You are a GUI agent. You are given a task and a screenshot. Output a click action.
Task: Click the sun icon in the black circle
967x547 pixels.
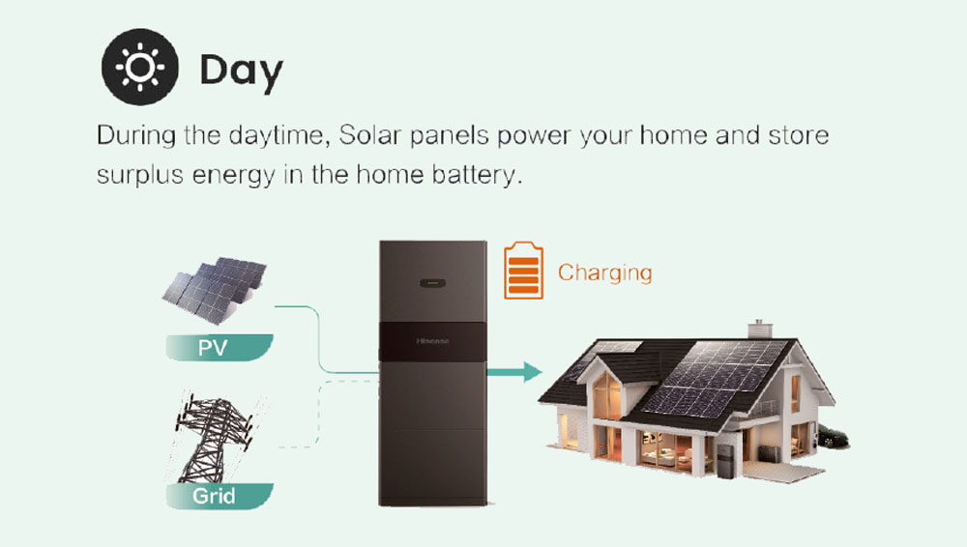[x=140, y=67]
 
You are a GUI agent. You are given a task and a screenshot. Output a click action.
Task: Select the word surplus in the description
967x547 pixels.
[x=140, y=176]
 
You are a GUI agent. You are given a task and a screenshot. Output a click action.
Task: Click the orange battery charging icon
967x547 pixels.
[x=523, y=270]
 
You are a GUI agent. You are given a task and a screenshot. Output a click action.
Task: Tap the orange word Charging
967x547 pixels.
[x=605, y=273]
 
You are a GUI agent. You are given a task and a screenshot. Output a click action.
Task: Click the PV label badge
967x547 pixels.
[x=219, y=347]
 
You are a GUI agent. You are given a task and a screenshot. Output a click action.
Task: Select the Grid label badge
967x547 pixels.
[x=219, y=496]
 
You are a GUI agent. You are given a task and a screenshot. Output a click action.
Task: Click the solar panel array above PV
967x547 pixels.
[x=215, y=290]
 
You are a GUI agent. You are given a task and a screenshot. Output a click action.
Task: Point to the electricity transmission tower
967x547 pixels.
[x=214, y=437]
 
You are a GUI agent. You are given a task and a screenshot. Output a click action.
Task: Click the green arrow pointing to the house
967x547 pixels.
[x=514, y=372]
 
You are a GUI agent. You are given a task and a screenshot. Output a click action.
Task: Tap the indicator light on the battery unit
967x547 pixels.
[x=433, y=284]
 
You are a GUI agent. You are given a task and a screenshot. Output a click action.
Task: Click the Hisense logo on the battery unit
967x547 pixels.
[x=433, y=341]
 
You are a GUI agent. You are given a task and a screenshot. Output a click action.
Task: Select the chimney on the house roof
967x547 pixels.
[x=760, y=329]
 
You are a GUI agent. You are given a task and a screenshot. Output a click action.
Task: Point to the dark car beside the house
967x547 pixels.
[x=834, y=436]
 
